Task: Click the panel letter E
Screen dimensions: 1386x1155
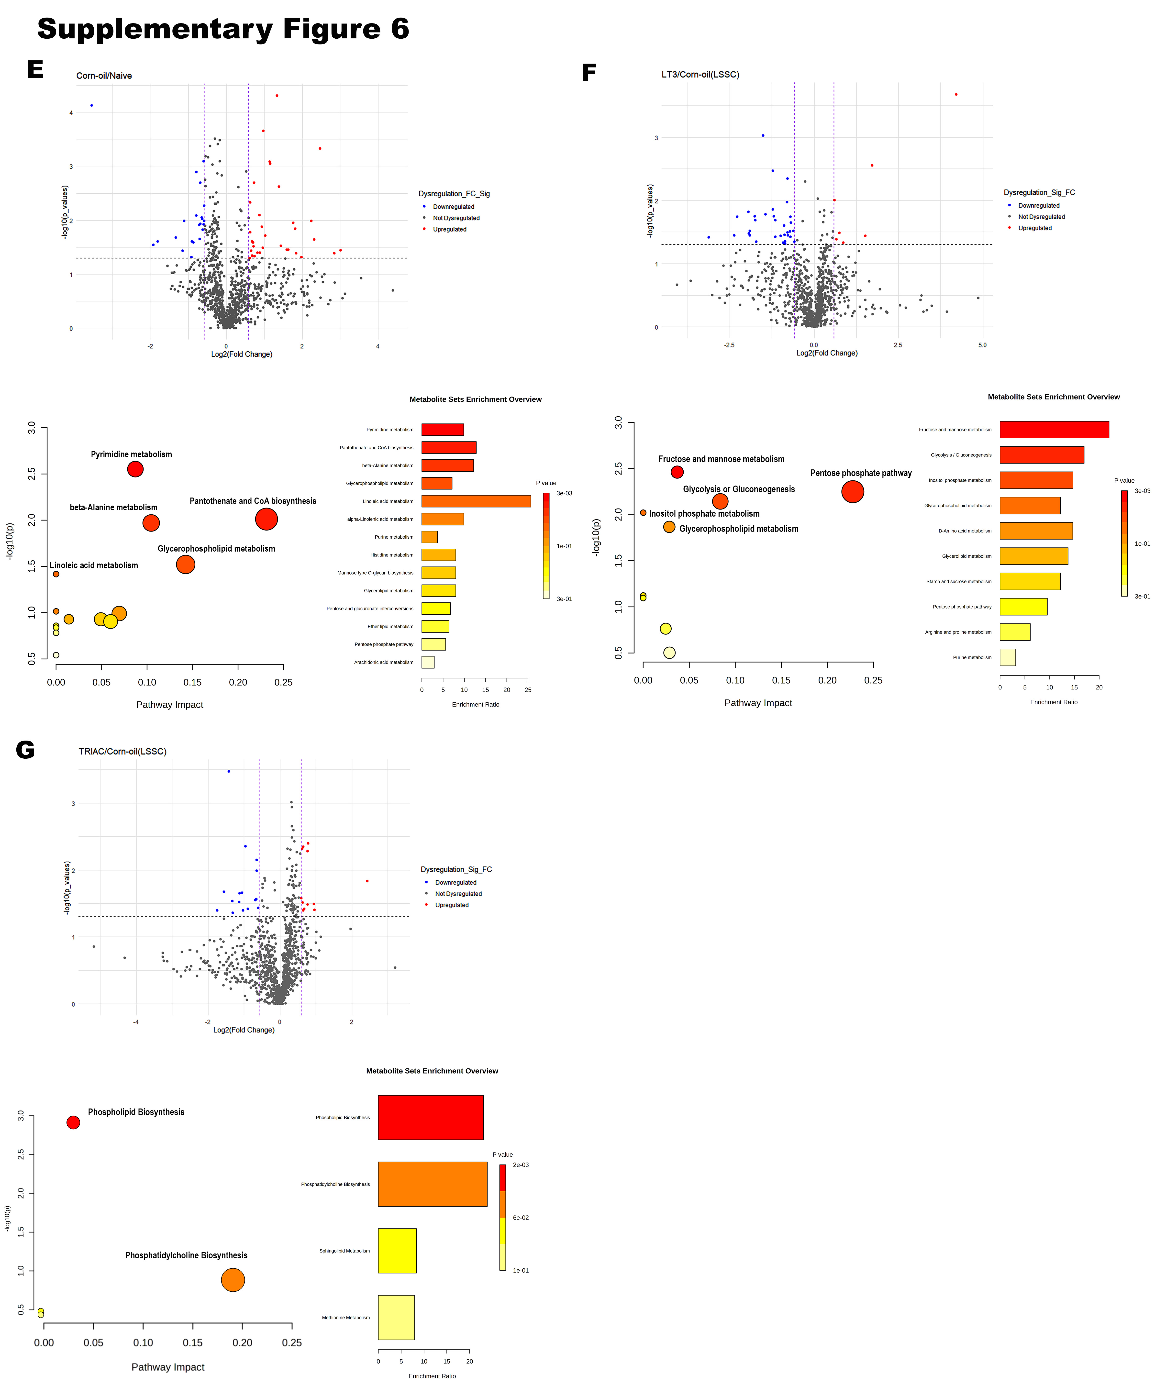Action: coord(35,69)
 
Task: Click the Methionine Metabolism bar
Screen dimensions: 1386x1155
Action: coord(396,1317)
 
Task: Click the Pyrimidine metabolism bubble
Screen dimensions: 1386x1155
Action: coord(135,469)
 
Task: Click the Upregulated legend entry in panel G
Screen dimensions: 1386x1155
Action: coord(451,905)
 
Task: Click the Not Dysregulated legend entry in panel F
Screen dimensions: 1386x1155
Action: coord(1041,216)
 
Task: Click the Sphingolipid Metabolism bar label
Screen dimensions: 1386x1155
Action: coord(344,1251)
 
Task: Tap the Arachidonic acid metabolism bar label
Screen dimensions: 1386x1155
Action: coord(383,662)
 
